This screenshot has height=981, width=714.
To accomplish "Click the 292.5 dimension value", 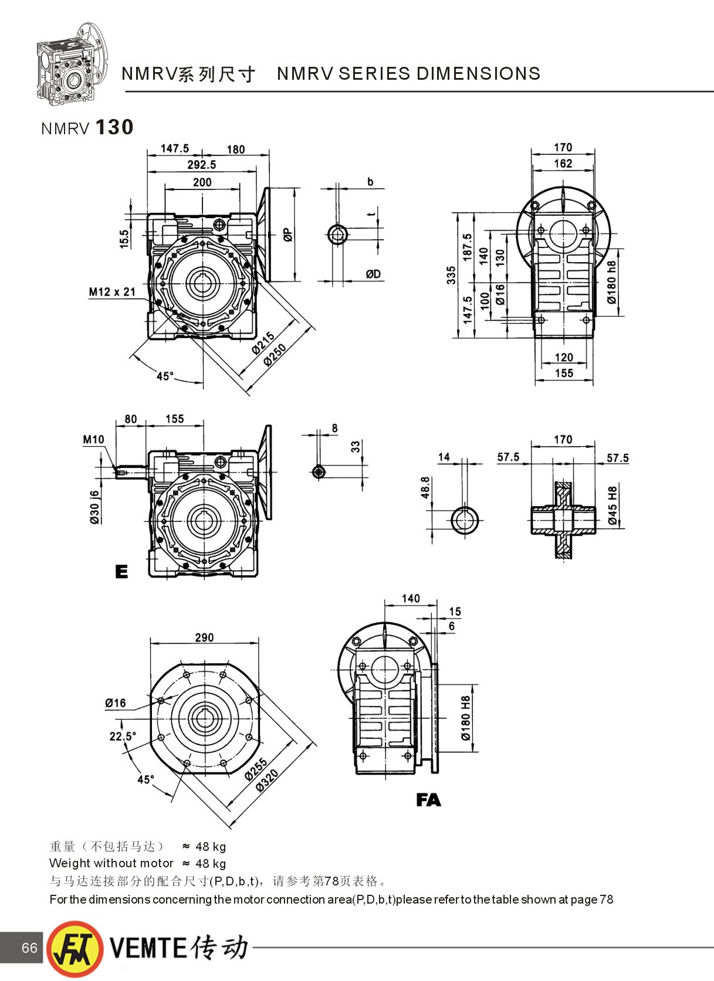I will click(201, 165).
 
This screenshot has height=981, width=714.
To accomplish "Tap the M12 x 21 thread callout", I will click(112, 292).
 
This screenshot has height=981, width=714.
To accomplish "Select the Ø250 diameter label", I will click(275, 355).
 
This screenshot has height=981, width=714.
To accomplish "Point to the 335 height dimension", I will click(451, 275).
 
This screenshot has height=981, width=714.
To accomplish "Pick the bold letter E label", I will click(121, 572).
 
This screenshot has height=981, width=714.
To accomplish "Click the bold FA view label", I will click(428, 800).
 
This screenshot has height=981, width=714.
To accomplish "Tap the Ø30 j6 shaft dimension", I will click(94, 507).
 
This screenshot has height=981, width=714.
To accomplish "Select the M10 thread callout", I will click(93, 439).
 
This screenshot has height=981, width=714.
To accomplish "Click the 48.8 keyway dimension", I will click(425, 488).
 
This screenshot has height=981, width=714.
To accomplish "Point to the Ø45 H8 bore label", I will click(613, 505).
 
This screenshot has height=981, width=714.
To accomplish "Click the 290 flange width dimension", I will click(204, 637).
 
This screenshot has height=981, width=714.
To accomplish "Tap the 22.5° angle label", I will click(123, 736).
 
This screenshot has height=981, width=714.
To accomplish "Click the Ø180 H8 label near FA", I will click(465, 718).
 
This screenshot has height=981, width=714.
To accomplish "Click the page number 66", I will click(29, 948).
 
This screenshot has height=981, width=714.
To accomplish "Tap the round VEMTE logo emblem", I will click(75, 949).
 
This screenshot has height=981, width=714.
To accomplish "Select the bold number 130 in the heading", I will click(114, 127).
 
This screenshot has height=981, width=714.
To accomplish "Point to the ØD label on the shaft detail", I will click(373, 274).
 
